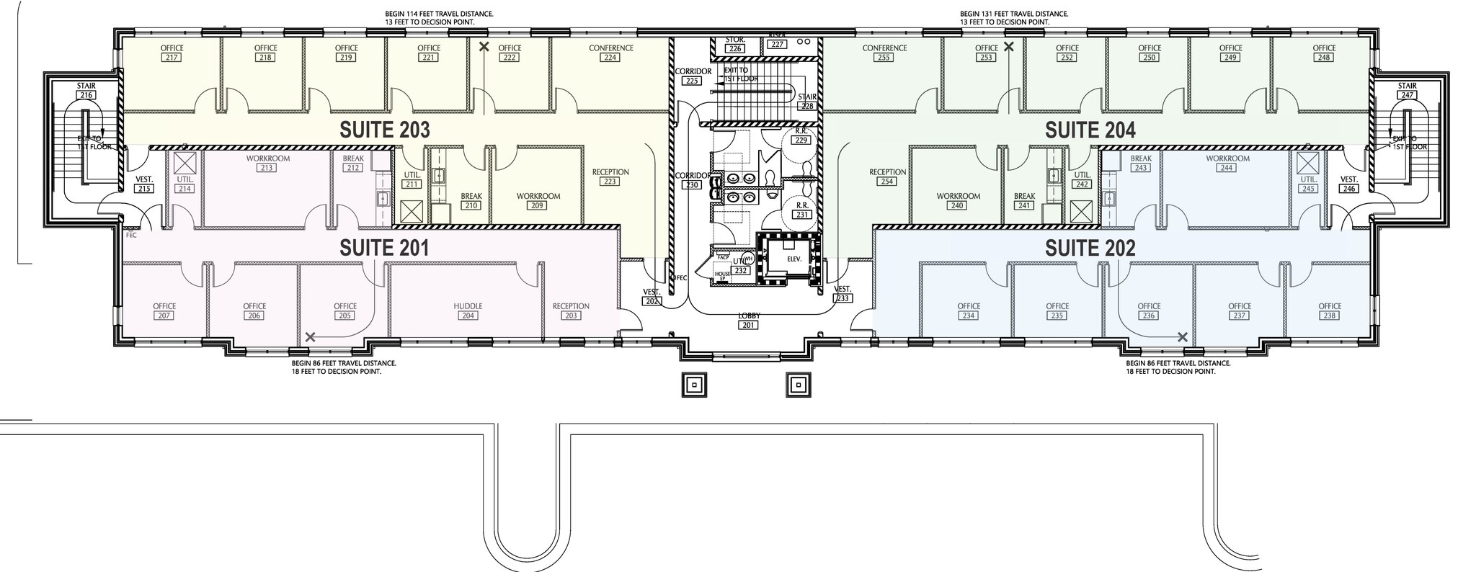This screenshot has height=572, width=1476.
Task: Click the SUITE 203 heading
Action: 385,130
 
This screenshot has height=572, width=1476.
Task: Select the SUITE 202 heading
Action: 1090,249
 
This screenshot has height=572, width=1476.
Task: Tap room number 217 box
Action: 172,58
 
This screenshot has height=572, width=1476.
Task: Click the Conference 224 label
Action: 611,53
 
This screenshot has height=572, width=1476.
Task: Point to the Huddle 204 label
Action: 468,310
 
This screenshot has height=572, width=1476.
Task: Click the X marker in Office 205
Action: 311,336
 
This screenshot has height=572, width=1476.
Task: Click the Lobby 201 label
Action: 749,321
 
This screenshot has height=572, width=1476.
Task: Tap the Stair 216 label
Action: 86,90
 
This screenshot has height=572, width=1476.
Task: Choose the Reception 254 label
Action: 887,176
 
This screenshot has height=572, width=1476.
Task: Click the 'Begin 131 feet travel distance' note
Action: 1014,18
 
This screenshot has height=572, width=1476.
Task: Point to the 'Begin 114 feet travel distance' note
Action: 440,18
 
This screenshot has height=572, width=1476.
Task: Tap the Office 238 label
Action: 1330,310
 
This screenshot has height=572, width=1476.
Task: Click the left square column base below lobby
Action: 694,385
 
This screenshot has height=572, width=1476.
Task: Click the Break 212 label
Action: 353,163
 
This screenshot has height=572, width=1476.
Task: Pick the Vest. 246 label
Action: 1349,184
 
